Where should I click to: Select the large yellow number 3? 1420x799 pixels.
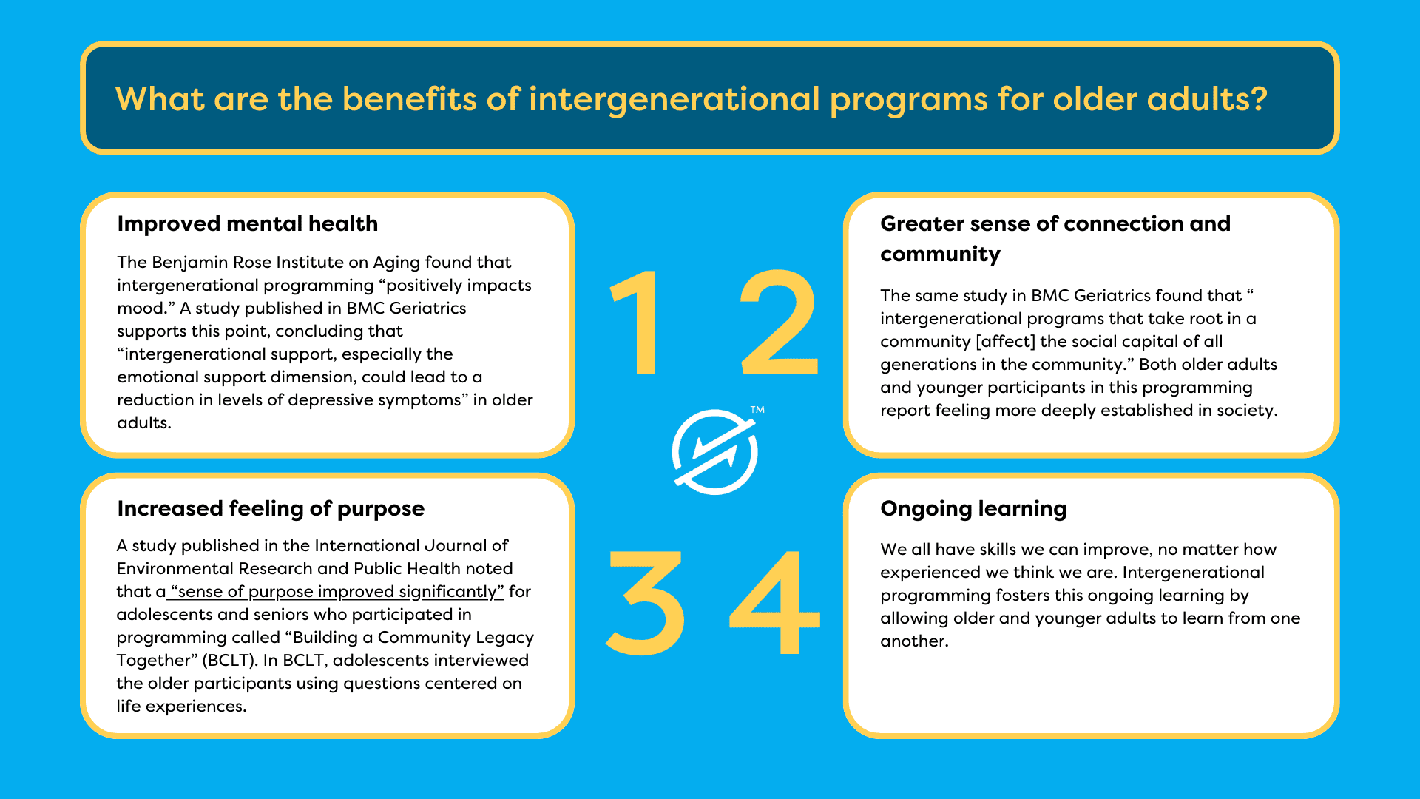coord(645,603)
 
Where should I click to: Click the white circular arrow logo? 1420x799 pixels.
coord(714,451)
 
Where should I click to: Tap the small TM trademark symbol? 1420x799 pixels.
coord(757,410)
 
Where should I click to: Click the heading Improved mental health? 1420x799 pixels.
coord(247,223)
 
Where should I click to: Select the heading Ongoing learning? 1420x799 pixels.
coord(973,508)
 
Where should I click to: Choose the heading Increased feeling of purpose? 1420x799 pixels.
coord(271,508)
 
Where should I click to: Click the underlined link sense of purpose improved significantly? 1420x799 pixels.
coord(337,591)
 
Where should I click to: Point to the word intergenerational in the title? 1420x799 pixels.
coord(674,99)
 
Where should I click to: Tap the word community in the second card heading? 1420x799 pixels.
coord(940,254)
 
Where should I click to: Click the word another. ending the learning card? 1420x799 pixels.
coord(914,641)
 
